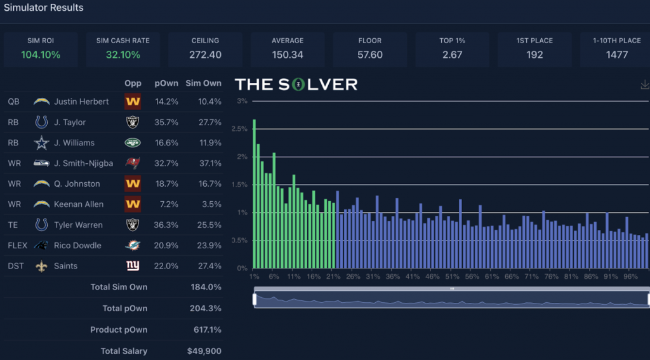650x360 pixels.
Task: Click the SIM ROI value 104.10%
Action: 41,55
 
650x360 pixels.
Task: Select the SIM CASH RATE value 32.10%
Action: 123,55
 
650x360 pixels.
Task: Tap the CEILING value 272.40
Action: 205,55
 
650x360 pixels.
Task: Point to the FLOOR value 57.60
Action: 370,55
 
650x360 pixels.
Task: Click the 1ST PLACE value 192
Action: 534,55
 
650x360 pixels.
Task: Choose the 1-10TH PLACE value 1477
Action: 616,55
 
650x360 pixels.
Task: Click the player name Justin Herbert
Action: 81,102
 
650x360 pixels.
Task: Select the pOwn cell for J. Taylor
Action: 166,122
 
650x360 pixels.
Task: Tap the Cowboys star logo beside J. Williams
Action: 41,143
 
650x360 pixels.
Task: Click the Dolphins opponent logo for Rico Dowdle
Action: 133,245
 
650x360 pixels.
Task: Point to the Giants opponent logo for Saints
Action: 133,265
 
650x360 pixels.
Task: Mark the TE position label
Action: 13,225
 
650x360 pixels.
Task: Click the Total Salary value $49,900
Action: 204,351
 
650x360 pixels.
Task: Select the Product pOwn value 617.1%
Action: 207,330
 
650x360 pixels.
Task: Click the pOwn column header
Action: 166,83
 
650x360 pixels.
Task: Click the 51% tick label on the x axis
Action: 452,277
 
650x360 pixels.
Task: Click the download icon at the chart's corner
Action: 645,84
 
